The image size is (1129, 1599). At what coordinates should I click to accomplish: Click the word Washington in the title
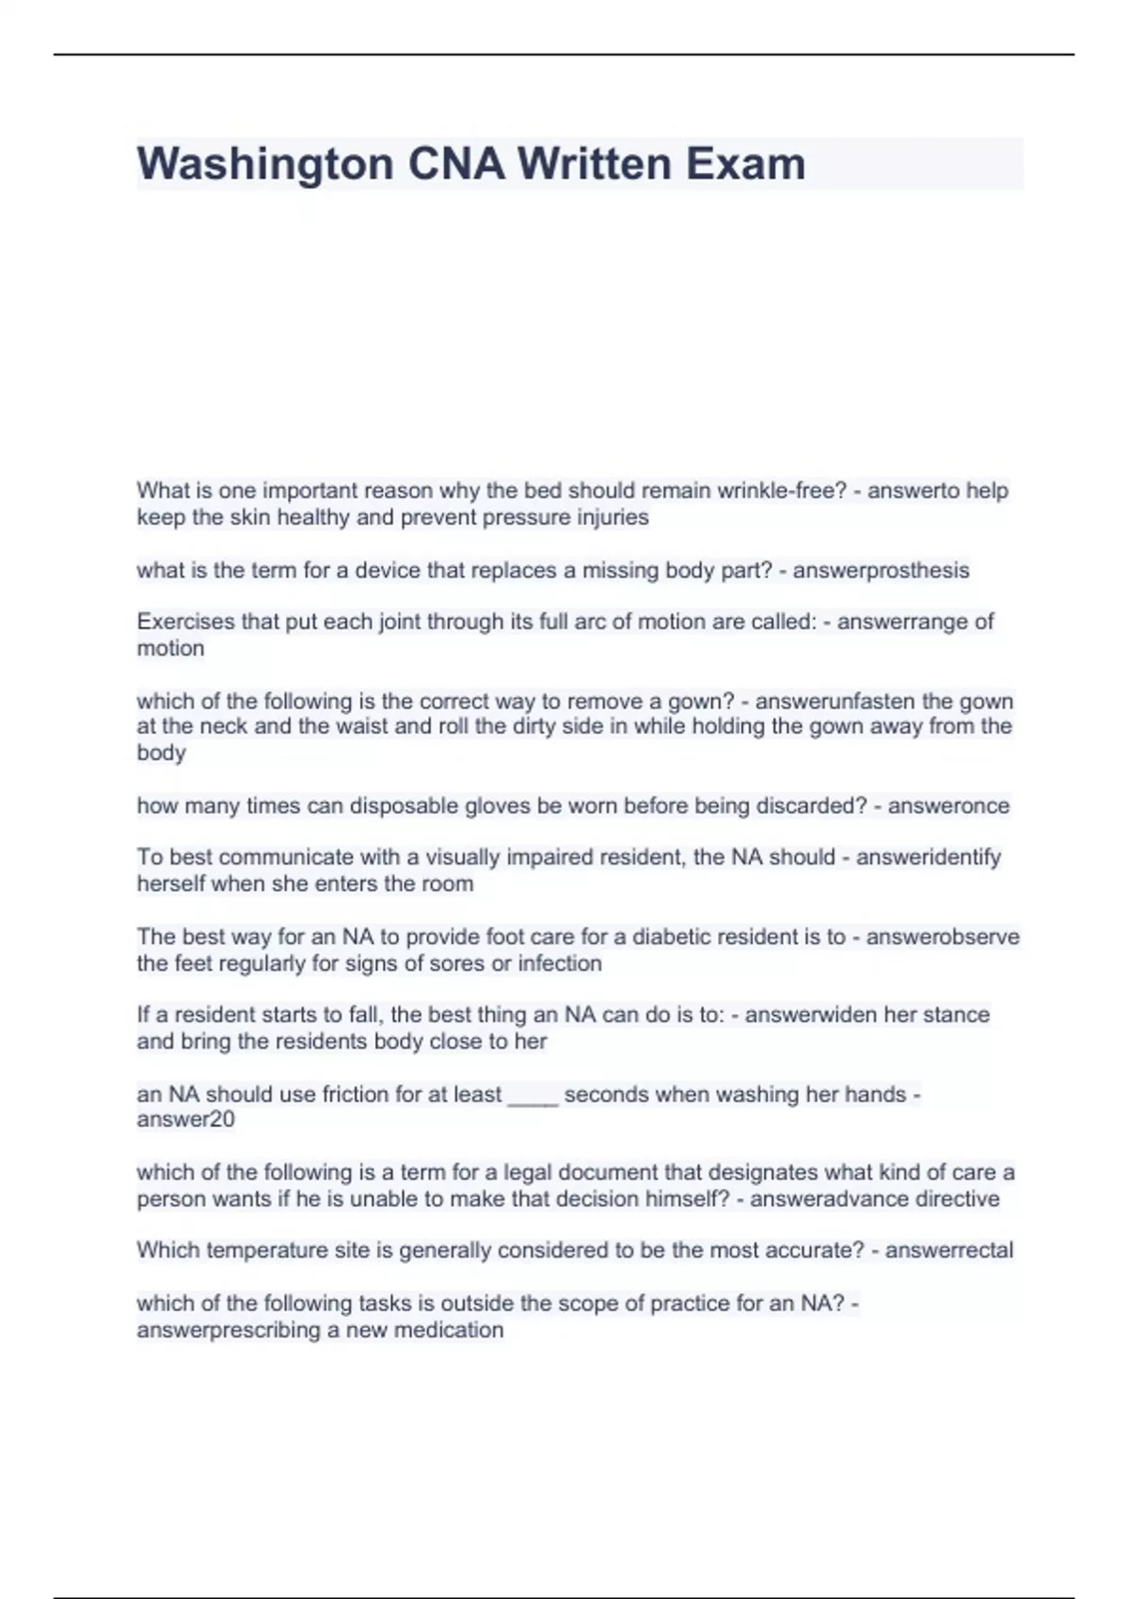(265, 165)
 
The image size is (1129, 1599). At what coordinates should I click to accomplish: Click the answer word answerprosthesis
(881, 571)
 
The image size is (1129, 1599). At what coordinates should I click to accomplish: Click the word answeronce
(948, 806)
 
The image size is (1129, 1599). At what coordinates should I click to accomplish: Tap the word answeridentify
(928, 858)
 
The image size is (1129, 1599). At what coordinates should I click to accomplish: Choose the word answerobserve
(943, 937)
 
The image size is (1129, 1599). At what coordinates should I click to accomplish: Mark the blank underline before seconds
(533, 1096)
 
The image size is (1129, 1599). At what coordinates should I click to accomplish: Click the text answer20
(185, 1120)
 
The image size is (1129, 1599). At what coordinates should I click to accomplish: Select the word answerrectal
(948, 1251)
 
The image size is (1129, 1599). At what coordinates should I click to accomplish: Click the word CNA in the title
(455, 165)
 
